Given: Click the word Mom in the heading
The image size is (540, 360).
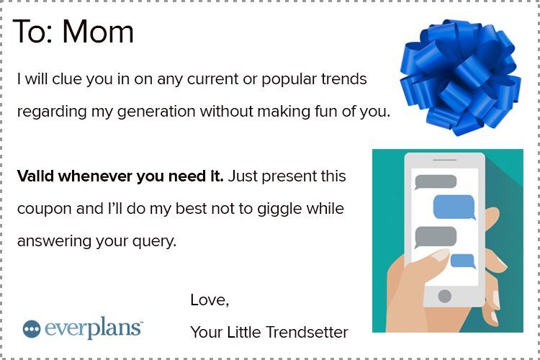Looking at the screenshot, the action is click(98, 32).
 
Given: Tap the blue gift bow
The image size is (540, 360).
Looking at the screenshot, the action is click(460, 77).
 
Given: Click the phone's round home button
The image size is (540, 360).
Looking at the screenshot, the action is click(445, 296).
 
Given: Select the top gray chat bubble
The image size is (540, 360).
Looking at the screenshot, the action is click(436, 182).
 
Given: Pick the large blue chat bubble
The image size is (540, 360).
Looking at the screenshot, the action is click(454, 207).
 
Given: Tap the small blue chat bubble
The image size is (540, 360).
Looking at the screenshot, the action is click(463, 261).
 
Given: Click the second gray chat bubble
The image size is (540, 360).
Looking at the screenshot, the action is click(436, 237).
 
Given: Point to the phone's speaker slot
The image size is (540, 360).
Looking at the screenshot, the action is click(445, 160).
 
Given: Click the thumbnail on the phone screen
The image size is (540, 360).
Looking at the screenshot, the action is click(441, 256).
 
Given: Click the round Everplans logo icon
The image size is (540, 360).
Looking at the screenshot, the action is click(32, 329).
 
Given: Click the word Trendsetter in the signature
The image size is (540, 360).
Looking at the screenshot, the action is click(307, 333).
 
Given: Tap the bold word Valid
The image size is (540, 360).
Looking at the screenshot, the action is click(35, 176).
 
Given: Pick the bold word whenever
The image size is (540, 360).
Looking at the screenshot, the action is click(95, 176).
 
